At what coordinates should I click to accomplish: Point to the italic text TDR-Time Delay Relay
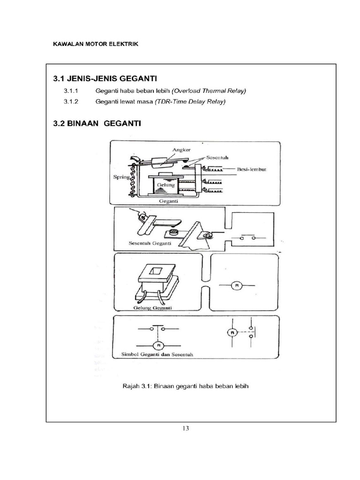pyautogui.click(x=190, y=101)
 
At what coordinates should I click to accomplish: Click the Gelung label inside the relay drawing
pyautogui.click(x=165, y=185)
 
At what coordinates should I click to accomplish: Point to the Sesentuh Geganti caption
pyautogui.click(x=150, y=243)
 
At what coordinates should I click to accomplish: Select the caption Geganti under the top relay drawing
pyautogui.click(x=167, y=200)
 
